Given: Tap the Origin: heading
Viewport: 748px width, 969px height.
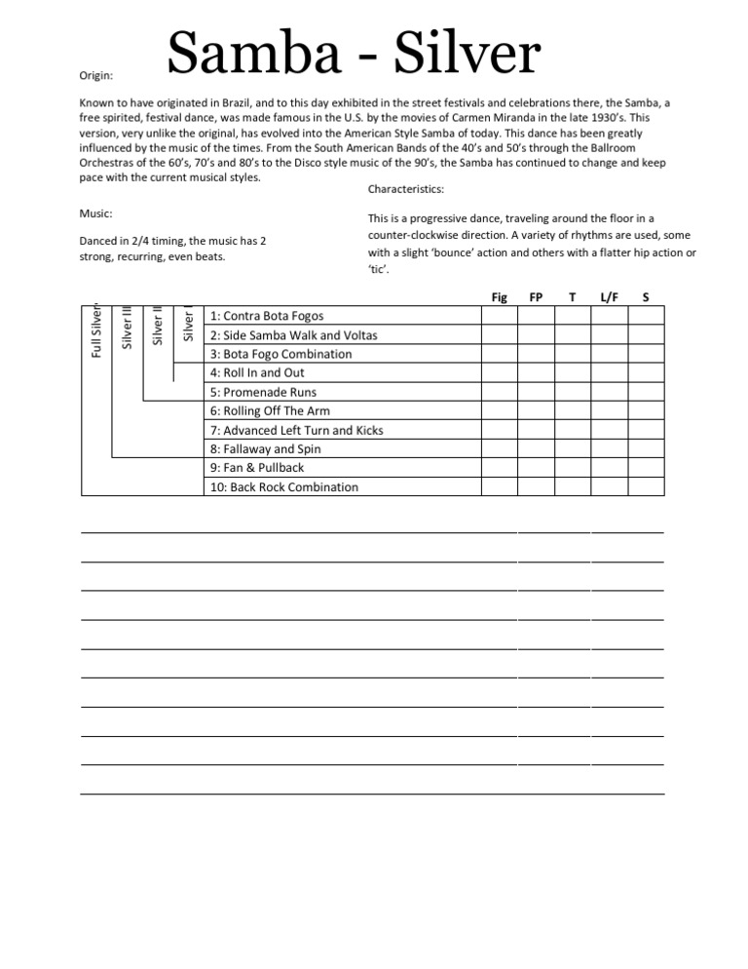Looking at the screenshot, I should pyautogui.click(x=94, y=74).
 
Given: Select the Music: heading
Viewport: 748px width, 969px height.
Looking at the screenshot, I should pyautogui.click(x=94, y=213).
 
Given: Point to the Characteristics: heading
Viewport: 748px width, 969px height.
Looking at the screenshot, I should pyautogui.click(x=406, y=189).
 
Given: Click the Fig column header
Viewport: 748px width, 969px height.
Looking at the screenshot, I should pyautogui.click(x=500, y=296).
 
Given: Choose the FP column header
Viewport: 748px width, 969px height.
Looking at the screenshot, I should pyautogui.click(x=536, y=296).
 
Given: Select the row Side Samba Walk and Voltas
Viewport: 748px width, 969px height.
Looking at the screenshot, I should pyautogui.click(x=293, y=335).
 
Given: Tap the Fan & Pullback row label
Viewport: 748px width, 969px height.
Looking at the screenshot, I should pyautogui.click(x=256, y=468).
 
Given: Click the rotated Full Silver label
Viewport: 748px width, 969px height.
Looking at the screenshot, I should pyautogui.click(x=95, y=329).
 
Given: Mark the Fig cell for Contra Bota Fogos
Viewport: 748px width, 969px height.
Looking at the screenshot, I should pyautogui.click(x=500, y=316).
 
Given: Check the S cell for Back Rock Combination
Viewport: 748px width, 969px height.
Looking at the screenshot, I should pyautogui.click(x=645, y=487).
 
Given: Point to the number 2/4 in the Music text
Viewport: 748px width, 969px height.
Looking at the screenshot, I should pyautogui.click(x=137, y=241).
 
